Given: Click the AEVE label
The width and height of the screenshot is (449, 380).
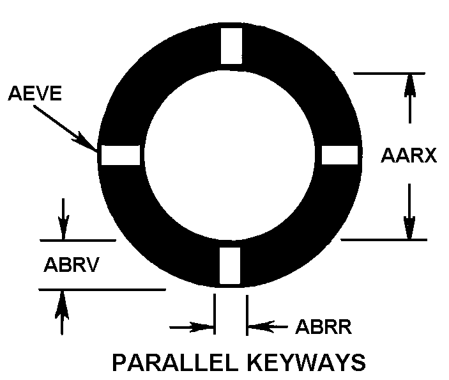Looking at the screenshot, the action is point(35,93).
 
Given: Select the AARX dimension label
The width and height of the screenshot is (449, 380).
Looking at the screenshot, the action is point(409,155).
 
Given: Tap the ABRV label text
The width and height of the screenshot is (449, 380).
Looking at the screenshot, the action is point(72,264).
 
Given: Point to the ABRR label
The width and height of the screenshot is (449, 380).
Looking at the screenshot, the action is point(324,327).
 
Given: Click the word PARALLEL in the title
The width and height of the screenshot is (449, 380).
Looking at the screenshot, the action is point(175,363).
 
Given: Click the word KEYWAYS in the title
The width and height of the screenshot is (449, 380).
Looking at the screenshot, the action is point(306,363).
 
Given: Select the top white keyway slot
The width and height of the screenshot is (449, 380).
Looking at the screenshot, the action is point(231,46).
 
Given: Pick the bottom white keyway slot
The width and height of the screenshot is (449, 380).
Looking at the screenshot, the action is point(230,265).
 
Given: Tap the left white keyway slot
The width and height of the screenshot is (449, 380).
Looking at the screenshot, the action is point(121,155).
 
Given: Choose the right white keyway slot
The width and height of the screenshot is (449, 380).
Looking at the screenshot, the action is point(340,155).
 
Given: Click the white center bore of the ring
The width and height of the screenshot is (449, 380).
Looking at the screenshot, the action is point(230,155).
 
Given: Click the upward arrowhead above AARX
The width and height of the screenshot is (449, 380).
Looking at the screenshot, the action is point(410,85).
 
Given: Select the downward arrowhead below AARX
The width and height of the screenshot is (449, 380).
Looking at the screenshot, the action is point(409,228).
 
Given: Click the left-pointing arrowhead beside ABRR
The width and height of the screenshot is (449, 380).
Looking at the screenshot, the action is point(261,327).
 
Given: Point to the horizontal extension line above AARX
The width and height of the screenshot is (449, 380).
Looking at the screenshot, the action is point(390,74).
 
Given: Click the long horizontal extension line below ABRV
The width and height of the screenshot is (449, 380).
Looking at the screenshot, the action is point(102,290).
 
